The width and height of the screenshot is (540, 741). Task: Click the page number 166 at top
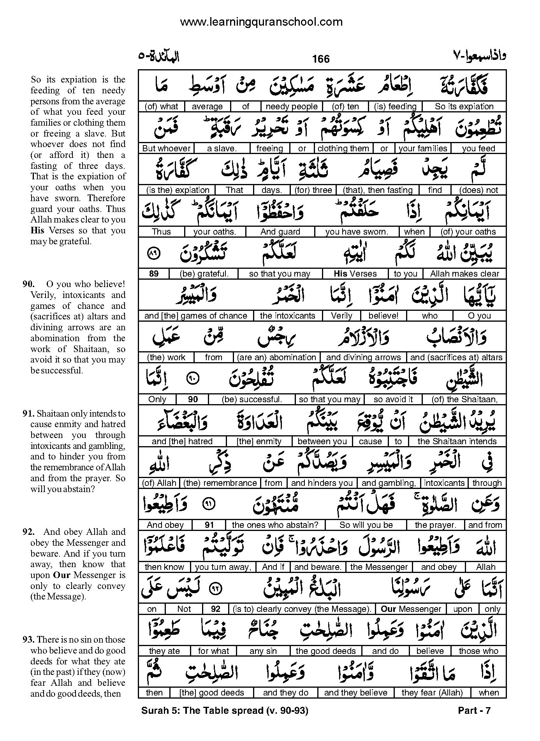[320, 59]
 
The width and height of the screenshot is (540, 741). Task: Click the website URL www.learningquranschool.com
[261, 22]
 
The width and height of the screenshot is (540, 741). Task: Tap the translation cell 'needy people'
[291, 107]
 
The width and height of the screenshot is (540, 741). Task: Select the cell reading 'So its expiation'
[464, 107]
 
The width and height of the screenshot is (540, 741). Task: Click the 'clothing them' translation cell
[343, 148]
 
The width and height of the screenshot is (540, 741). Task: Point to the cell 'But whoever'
[166, 148]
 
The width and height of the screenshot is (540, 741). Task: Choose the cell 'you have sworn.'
[357, 232]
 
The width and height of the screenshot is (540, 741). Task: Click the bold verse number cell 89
[154, 273]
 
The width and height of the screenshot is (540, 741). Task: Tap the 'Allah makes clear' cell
[464, 273]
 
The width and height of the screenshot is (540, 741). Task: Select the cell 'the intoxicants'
[287, 315]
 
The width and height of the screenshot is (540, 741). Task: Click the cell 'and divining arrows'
[363, 357]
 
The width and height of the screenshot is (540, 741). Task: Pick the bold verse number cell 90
[193, 399]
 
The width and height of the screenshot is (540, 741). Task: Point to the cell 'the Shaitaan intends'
[457, 441]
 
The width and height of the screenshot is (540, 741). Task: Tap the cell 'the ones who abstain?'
[275, 525]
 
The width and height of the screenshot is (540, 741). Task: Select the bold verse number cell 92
[215, 609]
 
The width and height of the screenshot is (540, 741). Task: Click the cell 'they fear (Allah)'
[432, 692]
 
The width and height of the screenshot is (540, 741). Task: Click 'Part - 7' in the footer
[474, 711]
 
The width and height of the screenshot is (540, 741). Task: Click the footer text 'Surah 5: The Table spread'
[202, 711]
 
